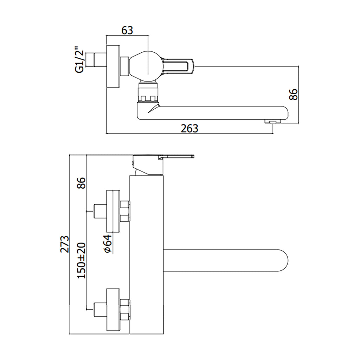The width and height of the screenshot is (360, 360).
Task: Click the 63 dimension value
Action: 127,30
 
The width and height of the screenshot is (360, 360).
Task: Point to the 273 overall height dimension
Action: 64,244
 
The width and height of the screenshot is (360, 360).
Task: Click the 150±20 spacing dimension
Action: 82,260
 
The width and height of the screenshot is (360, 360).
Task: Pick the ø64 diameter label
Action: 108,243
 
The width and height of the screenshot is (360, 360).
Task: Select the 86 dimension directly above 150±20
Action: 82,183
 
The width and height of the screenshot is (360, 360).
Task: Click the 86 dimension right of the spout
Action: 293,94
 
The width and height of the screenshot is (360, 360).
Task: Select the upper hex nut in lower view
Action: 125,211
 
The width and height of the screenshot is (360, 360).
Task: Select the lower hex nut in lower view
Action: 125,309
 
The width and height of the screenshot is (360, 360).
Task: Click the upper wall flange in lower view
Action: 114,211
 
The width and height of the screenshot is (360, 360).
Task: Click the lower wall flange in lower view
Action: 114,309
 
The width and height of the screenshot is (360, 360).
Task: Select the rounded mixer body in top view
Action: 146,65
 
